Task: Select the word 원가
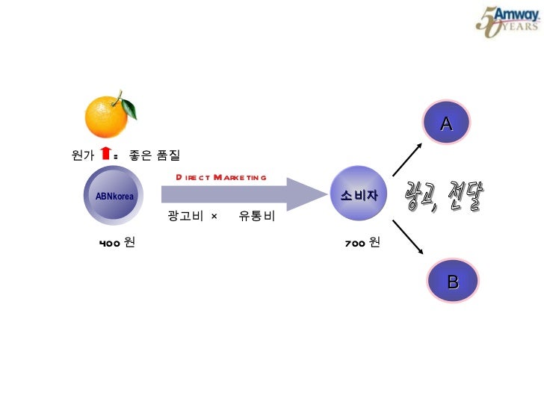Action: [82, 155]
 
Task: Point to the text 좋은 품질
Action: [155, 155]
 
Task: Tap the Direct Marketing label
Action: [220, 177]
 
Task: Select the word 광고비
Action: [183, 217]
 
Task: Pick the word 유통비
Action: [257, 217]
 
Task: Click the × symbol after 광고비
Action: [214, 217]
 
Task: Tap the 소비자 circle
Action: [359, 196]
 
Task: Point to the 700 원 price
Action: [362, 243]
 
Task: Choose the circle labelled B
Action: [452, 282]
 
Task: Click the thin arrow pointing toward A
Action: [407, 160]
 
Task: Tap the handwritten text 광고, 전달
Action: [445, 197]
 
